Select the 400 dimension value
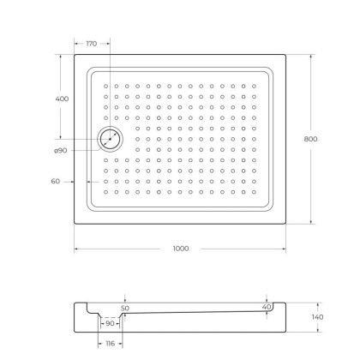point(62,99)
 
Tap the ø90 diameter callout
point(61,151)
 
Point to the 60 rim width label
point(57,182)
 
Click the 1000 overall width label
point(180,249)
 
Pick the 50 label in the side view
point(125,308)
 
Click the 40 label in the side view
point(267,307)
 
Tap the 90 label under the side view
point(110,324)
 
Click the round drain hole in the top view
point(110,138)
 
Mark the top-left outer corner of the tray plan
point(75,56)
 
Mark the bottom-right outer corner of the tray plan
point(286,225)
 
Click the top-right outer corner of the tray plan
point(286,56)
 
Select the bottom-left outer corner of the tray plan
point(75,225)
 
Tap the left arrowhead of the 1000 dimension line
point(76,249)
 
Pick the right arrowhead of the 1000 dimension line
point(285,249)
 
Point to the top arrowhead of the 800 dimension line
point(311,57)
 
